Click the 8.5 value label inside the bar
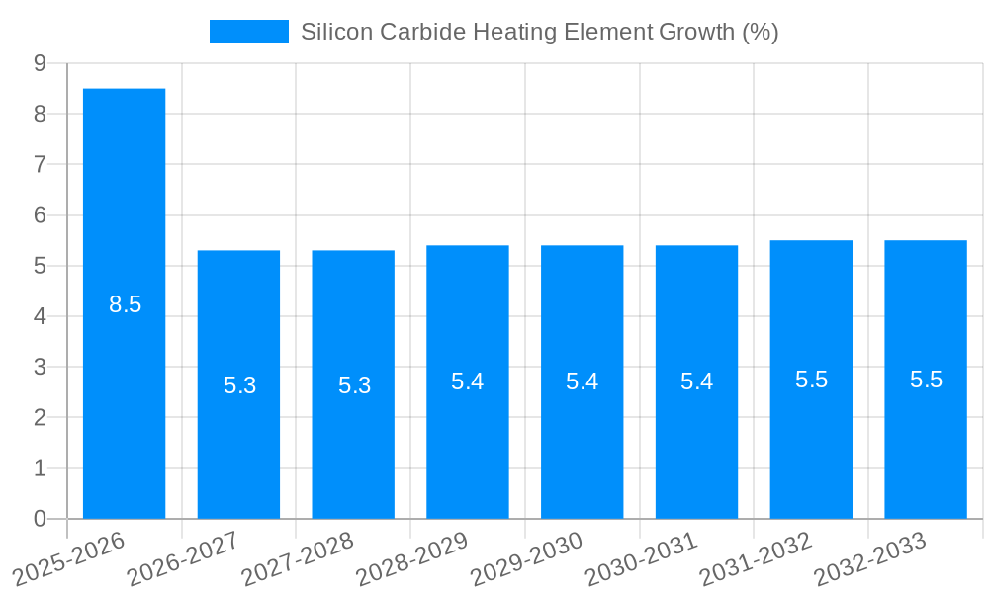[125, 304]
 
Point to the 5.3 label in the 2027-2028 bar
[354, 385]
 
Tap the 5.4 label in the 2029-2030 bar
[582, 381]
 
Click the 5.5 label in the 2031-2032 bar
[811, 380]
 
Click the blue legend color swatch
[248, 32]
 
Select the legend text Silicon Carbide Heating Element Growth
[539, 32]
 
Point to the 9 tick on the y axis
[40, 63]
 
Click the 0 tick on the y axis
[40, 519]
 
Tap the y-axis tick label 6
[40, 215]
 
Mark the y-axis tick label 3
[40, 368]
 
